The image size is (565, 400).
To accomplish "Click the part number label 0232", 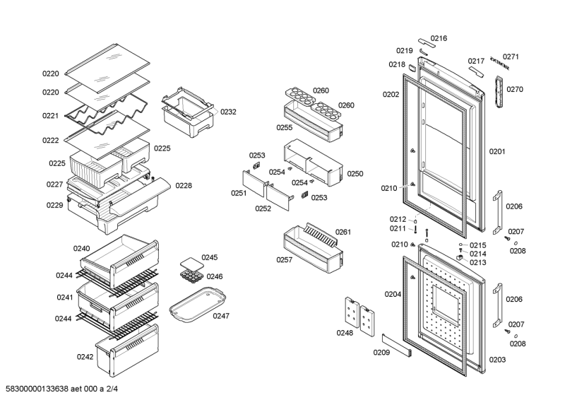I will pos(228,112).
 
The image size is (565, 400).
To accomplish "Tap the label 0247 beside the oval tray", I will pos(221,316).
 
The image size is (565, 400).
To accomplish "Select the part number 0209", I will pos(381,351).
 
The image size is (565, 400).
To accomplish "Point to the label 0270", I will pos(515,89).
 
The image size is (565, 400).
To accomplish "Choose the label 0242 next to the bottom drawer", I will pos(85,357).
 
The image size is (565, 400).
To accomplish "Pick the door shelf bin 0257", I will pos(311,247).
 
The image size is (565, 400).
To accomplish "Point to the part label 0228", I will pos(184,186).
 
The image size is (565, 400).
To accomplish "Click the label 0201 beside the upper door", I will pos(497,151).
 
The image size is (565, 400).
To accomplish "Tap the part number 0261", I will pos(344,232).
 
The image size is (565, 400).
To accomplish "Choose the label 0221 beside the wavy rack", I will pos(50,116).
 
